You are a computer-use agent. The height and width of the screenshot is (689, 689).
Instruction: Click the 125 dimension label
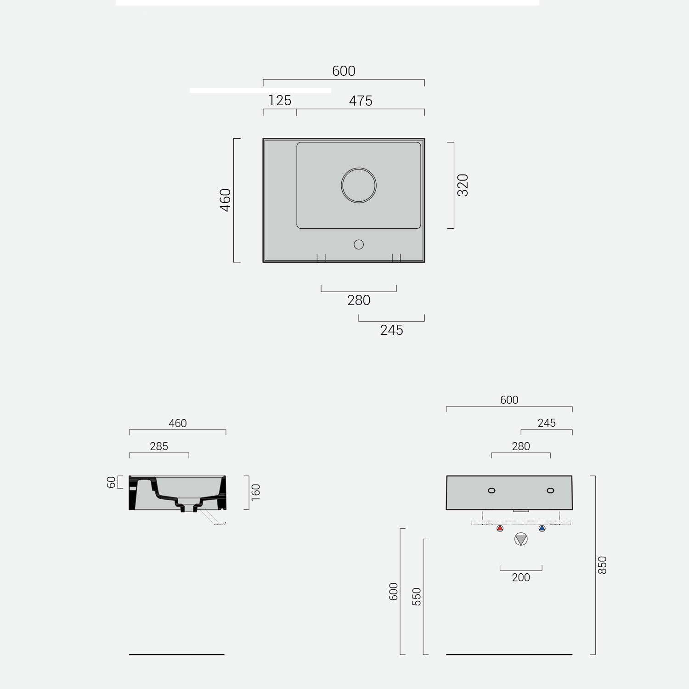pyautogui.click(x=280, y=100)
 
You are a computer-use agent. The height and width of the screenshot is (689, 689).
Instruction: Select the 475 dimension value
pyautogui.click(x=361, y=101)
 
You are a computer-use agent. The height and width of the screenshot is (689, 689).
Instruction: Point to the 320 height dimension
pyautogui.click(x=463, y=185)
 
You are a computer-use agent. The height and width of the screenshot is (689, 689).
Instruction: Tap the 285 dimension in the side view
pyautogui.click(x=159, y=446)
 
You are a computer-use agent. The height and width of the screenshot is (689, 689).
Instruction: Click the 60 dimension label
pyautogui.click(x=111, y=482)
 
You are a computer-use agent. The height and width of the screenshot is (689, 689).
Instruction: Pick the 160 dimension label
pyautogui.click(x=256, y=492)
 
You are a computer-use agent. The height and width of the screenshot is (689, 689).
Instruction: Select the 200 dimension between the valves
pyautogui.click(x=521, y=577)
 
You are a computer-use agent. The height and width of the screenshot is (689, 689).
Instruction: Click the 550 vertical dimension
pyautogui.click(x=417, y=596)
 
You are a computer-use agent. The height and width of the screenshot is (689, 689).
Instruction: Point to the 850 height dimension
pyautogui.click(x=602, y=565)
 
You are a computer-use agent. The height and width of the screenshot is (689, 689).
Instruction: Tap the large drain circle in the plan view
pyautogui.click(x=359, y=186)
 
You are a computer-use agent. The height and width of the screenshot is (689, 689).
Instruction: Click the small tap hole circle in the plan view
pyautogui.click(x=359, y=244)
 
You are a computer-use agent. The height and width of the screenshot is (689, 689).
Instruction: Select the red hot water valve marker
pyautogui.click(x=500, y=529)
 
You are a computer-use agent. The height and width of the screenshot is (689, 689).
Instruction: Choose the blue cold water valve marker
pyautogui.click(x=542, y=529)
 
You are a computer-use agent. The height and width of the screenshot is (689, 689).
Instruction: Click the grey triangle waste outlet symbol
pyautogui.click(x=521, y=539)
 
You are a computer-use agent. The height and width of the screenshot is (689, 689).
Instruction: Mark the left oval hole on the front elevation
pyautogui.click(x=491, y=491)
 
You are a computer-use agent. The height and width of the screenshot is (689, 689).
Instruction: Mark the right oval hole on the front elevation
pyautogui.click(x=550, y=491)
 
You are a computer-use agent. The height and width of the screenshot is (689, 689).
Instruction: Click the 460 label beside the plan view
pyautogui.click(x=225, y=200)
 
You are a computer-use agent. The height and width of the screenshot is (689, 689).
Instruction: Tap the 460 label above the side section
pyautogui.click(x=177, y=423)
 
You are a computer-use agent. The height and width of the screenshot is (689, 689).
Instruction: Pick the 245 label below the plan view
pyautogui.click(x=391, y=330)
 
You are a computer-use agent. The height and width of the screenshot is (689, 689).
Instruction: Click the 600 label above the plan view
pyautogui.click(x=344, y=71)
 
